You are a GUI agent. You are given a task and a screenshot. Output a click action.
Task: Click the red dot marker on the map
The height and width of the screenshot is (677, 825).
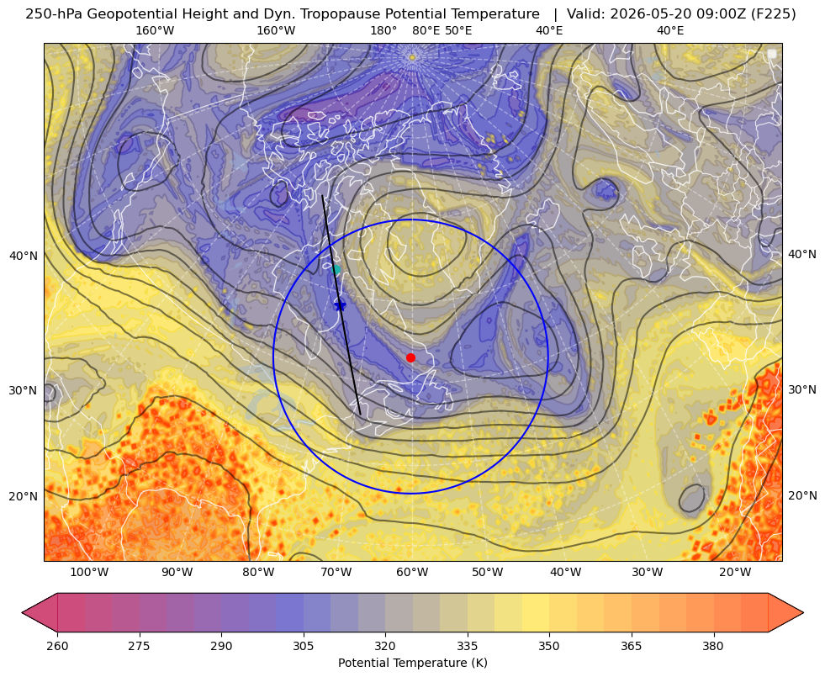(410, 357)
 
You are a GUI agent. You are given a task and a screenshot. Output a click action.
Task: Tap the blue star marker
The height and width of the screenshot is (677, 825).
(340, 304)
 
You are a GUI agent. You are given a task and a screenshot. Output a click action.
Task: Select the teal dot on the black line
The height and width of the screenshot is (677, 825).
(336, 270)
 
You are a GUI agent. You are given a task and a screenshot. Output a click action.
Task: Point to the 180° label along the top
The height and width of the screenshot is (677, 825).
(383, 30)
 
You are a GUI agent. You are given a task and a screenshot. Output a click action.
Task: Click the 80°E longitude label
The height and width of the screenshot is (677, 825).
(426, 30)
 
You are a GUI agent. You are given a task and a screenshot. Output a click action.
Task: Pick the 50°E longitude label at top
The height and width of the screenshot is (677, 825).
(458, 30)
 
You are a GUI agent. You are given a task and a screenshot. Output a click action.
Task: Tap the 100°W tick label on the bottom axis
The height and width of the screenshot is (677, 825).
(89, 572)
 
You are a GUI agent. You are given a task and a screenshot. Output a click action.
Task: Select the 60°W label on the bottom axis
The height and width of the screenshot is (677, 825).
(412, 572)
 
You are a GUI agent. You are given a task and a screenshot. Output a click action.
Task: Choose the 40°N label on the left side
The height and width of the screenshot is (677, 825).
(24, 256)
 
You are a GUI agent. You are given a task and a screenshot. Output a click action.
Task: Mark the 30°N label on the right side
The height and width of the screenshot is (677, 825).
(802, 389)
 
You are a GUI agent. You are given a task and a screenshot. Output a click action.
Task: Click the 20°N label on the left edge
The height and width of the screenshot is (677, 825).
(24, 496)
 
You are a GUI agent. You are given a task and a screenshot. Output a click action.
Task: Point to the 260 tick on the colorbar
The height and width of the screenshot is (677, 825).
(57, 646)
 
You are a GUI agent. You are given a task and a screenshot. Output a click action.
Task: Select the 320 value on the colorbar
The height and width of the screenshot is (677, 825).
(385, 646)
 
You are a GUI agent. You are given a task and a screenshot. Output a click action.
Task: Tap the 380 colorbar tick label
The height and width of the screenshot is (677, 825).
(713, 646)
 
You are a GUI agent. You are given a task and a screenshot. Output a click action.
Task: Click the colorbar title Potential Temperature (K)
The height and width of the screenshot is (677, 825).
(412, 663)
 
